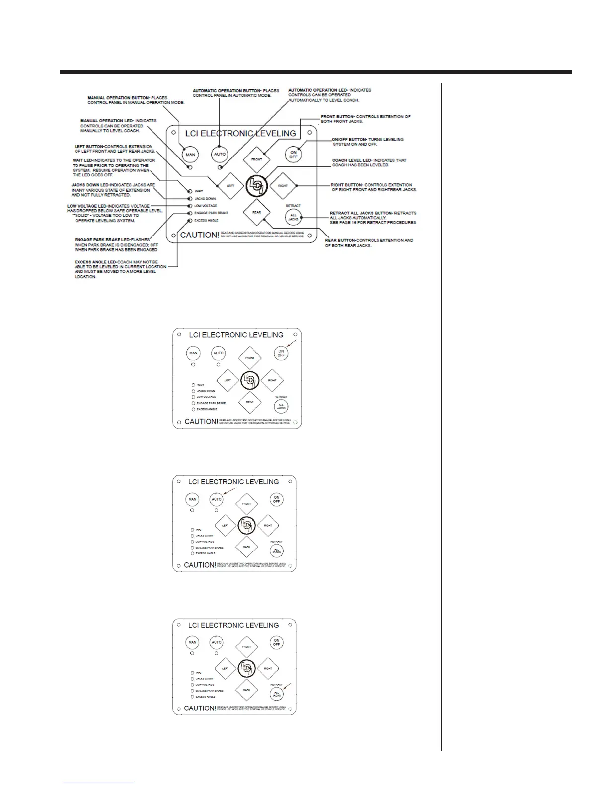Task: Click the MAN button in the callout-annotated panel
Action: pos(190,155)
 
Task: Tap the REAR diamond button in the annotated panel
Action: pos(256,212)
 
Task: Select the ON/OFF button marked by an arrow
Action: pos(281,353)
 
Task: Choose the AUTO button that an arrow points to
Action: pos(217,499)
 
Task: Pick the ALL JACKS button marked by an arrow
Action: pos(277,694)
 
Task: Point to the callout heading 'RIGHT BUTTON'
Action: pos(347,185)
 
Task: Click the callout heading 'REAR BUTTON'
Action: pos(340,240)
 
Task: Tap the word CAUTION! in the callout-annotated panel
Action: pos(199,235)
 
